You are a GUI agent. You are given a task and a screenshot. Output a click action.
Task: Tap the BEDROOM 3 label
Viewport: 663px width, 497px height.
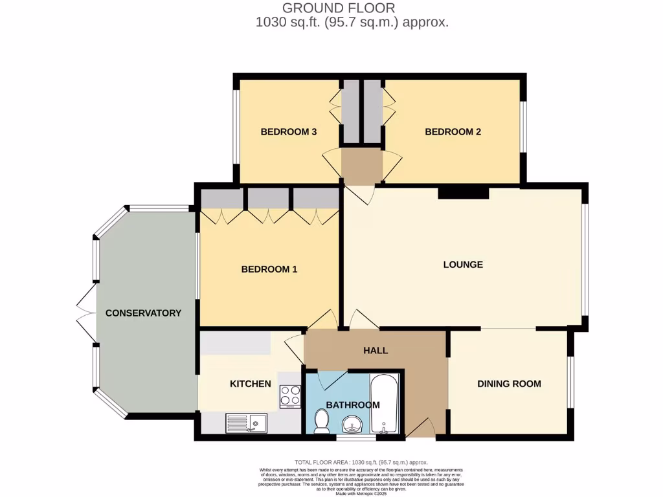(288, 132)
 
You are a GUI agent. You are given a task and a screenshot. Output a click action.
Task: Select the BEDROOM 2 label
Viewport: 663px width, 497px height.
(453, 132)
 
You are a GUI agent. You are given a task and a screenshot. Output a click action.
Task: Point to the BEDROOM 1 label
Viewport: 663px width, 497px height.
(269, 269)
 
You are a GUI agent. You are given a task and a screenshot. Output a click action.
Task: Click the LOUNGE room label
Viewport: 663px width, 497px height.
(463, 265)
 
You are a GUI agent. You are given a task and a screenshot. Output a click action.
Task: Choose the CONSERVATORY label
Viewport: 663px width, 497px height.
(143, 313)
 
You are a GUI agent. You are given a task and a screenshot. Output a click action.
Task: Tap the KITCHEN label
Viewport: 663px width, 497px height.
(251, 384)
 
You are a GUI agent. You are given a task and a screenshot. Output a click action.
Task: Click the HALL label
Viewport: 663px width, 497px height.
(376, 350)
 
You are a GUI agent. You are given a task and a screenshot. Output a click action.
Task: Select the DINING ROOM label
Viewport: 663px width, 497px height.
(509, 384)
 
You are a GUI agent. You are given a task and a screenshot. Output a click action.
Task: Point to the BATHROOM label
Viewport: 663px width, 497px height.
(352, 405)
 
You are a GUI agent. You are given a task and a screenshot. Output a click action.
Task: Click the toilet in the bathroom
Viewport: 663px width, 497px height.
(321, 421)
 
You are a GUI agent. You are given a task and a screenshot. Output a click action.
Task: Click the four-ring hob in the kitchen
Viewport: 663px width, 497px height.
(289, 396)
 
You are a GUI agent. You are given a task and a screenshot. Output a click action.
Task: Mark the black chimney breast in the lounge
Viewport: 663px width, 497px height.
(463, 192)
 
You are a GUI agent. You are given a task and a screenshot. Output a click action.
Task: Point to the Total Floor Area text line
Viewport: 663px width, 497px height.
(361, 462)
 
